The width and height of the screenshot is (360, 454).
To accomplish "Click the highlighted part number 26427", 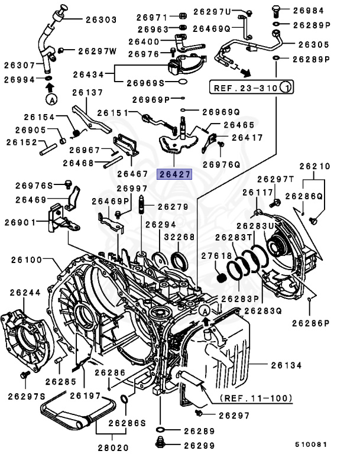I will (173, 174).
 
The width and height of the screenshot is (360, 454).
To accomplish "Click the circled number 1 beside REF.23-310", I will (286, 88).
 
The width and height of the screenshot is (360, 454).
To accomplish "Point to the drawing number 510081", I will (310, 442).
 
